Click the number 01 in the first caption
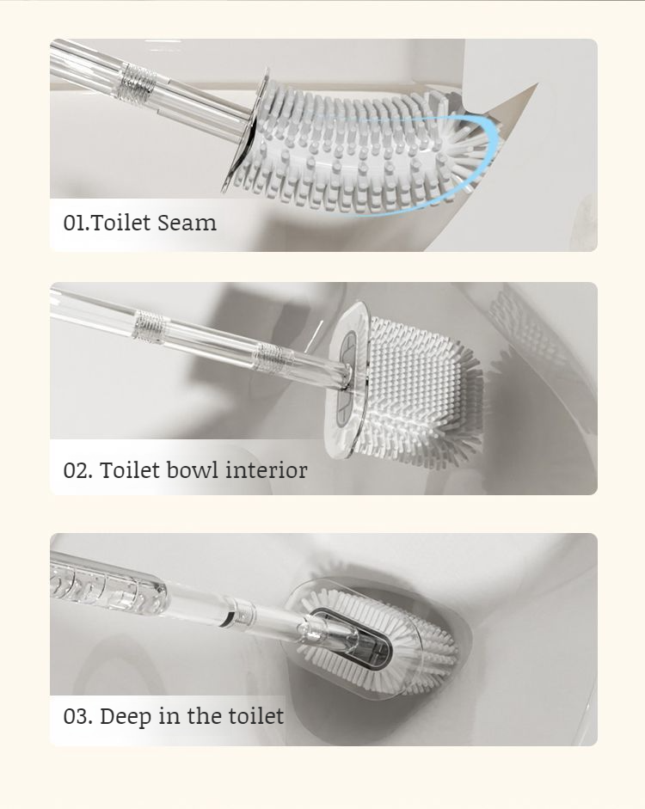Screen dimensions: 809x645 point(74,224)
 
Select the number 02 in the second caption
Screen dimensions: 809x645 point(76,470)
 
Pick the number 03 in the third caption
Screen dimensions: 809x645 point(76,716)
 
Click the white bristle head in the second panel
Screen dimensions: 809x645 point(421,387)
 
